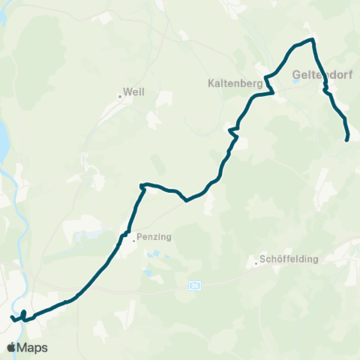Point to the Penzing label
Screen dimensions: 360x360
pyautogui.click(x=155, y=237)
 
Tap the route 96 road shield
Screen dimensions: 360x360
pyautogui.click(x=196, y=286)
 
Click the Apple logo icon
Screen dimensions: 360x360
pyautogui.click(x=11, y=347)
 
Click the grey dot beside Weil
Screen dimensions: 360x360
pyautogui.click(x=120, y=96)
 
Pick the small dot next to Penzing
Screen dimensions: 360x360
pyautogui.click(x=133, y=241)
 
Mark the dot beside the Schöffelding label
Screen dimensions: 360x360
pyautogui.click(x=256, y=264)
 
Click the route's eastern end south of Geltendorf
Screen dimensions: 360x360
pyautogui.click(x=346, y=139)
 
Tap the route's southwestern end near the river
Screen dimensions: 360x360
pyautogui.click(x=13, y=318)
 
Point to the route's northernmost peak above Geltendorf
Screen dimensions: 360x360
pyautogui.click(x=310, y=40)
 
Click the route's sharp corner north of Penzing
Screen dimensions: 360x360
pyautogui.click(x=141, y=184)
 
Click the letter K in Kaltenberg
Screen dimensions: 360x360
pyautogui.click(x=211, y=84)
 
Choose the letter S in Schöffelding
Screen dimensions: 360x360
pyautogui.click(x=262, y=259)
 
